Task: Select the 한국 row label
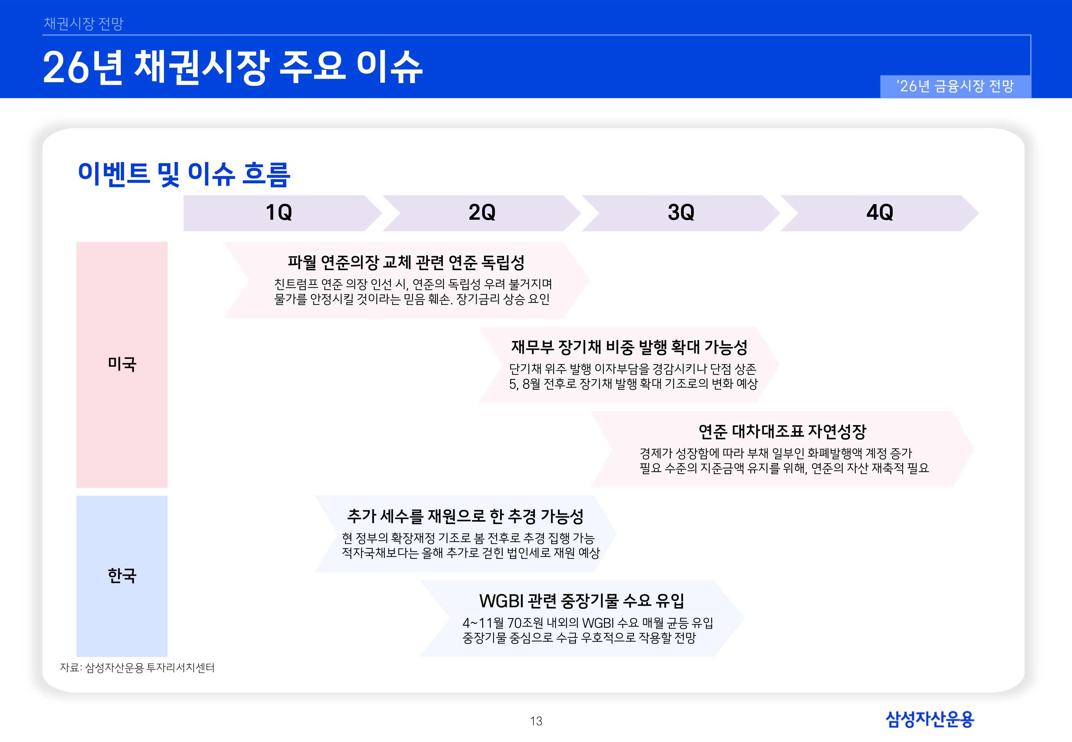click(122, 575)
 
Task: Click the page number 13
click(536, 721)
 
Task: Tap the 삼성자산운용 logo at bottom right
click(930, 719)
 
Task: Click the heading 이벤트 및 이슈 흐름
click(184, 174)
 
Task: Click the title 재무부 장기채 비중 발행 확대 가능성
click(629, 347)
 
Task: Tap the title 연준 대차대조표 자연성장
click(782, 431)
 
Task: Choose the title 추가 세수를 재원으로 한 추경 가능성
click(465, 516)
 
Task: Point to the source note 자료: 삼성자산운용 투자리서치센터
click(137, 667)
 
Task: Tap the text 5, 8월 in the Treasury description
click(525, 384)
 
